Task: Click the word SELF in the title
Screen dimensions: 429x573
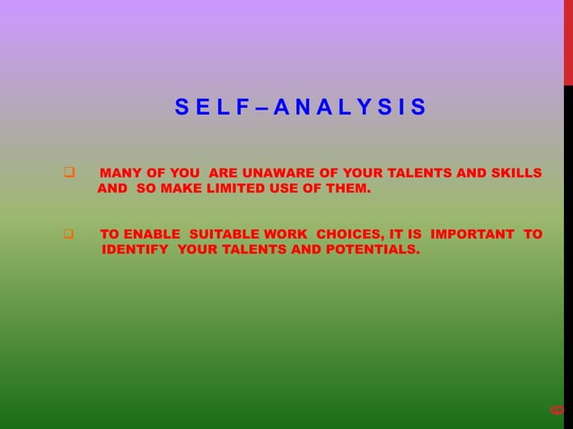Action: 208,110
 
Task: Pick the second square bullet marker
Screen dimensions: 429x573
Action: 68,235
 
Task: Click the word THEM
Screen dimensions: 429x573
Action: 346,190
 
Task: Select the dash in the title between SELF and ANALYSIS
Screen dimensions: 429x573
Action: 263,110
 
